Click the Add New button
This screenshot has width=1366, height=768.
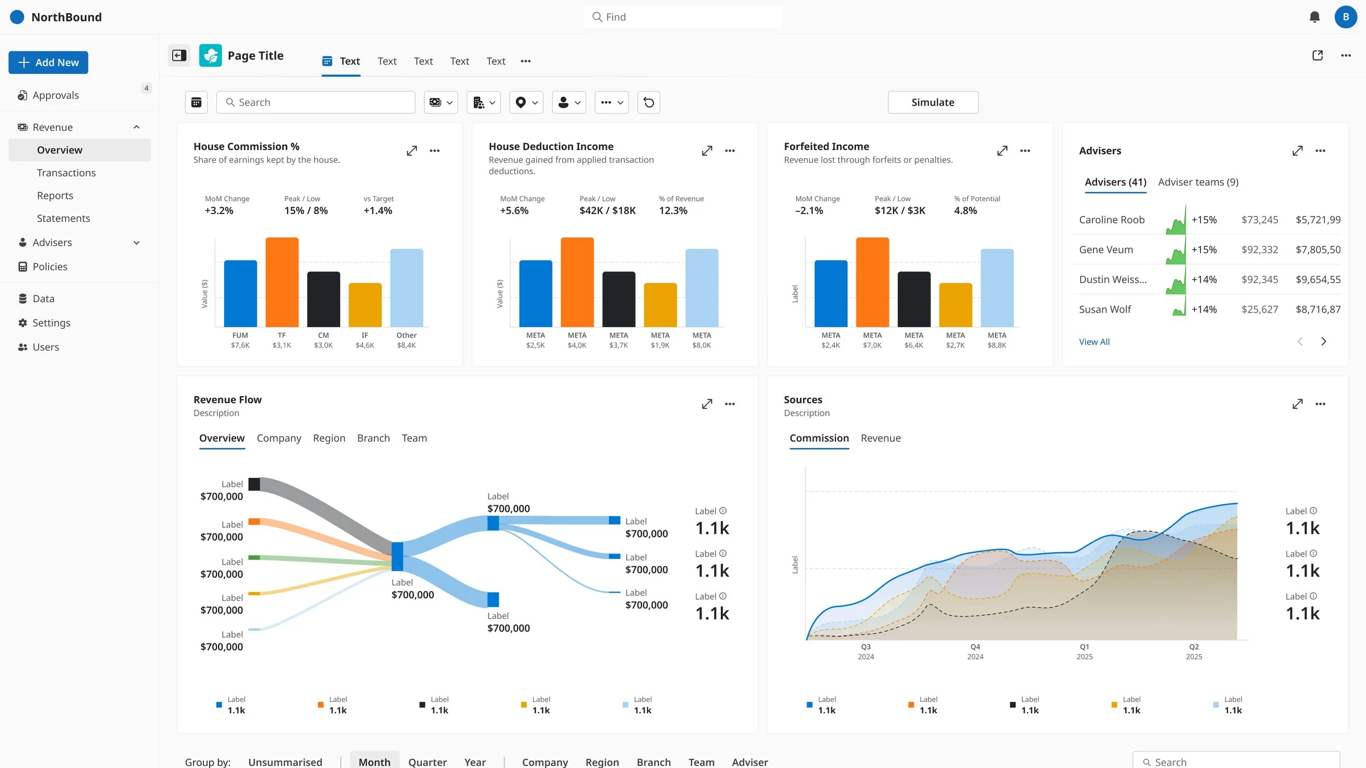48,62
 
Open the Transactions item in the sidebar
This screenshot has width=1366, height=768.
66,173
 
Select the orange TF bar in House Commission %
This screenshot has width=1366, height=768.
282,282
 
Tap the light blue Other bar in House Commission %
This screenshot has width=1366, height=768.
407,288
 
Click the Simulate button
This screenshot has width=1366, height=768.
933,102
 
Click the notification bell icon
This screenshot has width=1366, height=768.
1314,17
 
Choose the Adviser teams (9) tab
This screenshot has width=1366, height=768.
1198,182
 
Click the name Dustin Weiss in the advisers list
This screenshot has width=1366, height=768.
1112,280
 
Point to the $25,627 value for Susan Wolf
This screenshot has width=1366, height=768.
1259,309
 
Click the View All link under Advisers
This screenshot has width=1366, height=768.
1094,342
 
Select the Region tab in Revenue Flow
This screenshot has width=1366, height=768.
329,438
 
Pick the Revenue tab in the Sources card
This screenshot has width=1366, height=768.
880,438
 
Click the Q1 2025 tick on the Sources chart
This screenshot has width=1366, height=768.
1084,652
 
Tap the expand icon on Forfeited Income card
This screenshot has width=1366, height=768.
1002,151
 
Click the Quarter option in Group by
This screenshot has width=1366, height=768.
427,762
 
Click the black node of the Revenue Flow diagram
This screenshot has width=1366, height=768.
254,484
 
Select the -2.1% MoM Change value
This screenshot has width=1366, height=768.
809,211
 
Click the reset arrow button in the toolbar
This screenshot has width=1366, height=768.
649,102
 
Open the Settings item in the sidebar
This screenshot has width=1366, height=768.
51,323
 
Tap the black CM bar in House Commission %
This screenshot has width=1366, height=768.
323,299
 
